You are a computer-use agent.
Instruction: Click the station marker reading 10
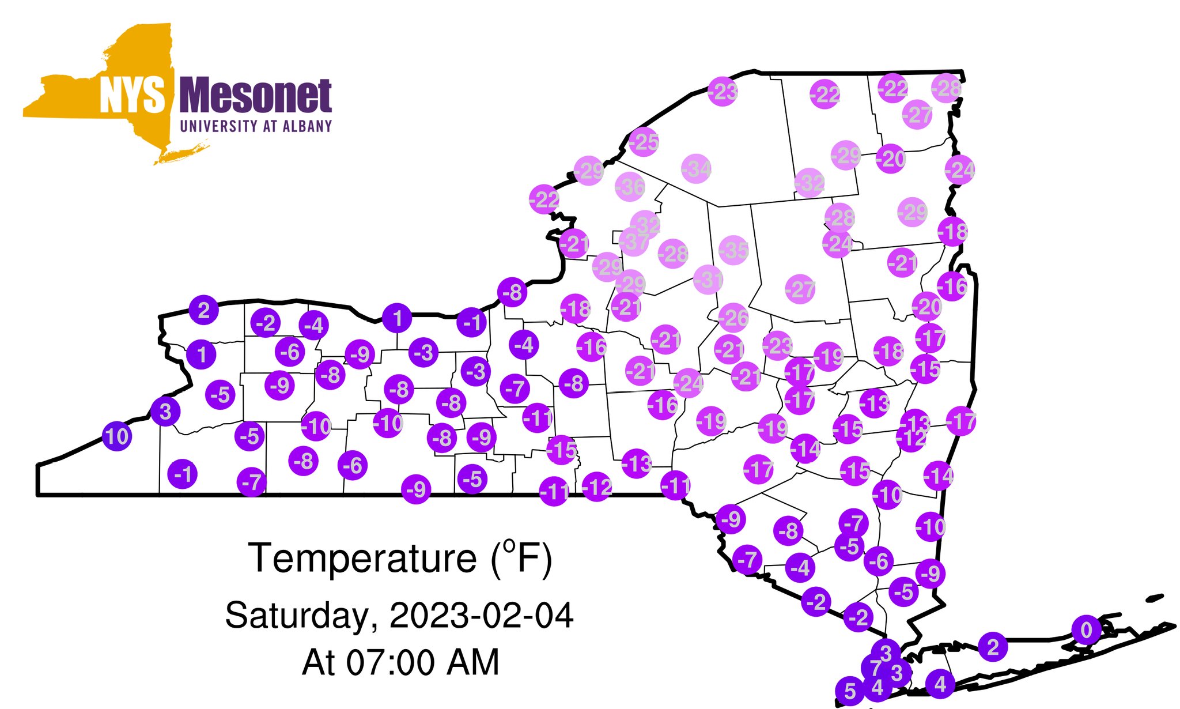117,436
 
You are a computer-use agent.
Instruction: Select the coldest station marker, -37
634,242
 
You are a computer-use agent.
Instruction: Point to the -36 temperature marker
630,187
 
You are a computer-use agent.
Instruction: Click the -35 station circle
733,250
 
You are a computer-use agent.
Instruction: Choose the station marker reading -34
696,169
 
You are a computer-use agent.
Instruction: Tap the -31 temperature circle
708,280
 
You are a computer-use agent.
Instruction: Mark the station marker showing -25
644,141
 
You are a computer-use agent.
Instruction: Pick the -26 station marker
733,318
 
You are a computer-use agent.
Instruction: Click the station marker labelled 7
875,669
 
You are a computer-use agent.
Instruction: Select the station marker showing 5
850,691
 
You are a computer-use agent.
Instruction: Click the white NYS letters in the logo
133,96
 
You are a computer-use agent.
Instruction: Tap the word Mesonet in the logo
256,96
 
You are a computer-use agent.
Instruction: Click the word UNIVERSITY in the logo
219,126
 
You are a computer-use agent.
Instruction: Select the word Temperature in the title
362,558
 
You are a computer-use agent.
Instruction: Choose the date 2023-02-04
482,616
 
